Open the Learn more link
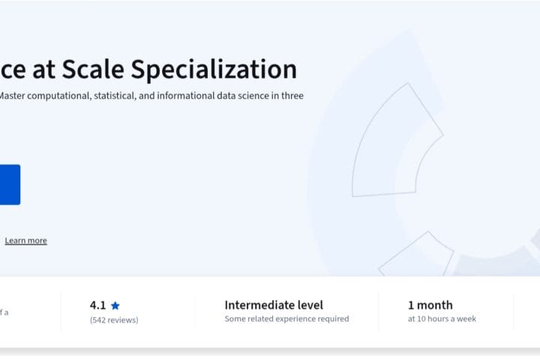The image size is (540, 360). tap(26, 241)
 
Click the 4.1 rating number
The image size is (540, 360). tap(97, 305)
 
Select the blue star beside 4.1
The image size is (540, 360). tap(115, 306)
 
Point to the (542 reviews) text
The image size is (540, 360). tap(114, 319)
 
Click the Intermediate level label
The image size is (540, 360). tap(274, 305)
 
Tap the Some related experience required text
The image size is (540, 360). tap(286, 319)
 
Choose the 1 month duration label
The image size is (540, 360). tap(430, 305)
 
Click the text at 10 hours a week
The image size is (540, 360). tap(442, 319)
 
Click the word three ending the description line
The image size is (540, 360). tap(292, 96)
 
